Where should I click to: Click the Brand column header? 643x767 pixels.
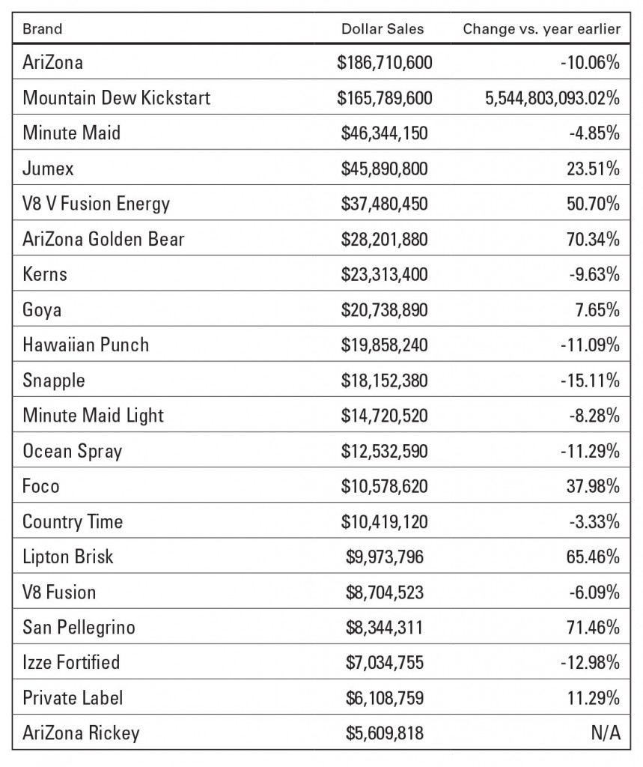[43, 29]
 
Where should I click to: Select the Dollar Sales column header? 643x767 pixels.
[383, 29]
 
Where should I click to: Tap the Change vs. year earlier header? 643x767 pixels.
[542, 29]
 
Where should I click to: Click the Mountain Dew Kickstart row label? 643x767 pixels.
[116, 98]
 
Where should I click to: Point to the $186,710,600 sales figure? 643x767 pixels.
[384, 63]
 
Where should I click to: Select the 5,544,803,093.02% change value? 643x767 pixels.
[552, 98]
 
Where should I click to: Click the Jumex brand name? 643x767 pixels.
[48, 169]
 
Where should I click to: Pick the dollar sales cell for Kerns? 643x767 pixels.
[384, 274]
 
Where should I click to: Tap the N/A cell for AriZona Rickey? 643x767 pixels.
[606, 733]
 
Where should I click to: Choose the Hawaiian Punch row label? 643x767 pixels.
[85, 345]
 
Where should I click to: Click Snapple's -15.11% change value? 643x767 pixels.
[590, 381]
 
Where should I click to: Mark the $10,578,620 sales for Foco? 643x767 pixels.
[384, 486]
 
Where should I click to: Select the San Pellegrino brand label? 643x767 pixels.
[79, 628]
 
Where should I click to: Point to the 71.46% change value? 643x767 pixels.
[593, 628]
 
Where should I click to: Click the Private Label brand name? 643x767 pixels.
[73, 698]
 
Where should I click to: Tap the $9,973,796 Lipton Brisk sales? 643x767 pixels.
[384, 557]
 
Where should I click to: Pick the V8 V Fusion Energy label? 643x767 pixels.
[96, 204]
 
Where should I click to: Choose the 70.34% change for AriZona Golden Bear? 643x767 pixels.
[593, 239]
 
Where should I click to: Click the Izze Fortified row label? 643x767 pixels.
[71, 663]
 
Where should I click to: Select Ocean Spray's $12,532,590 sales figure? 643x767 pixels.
[384, 451]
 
